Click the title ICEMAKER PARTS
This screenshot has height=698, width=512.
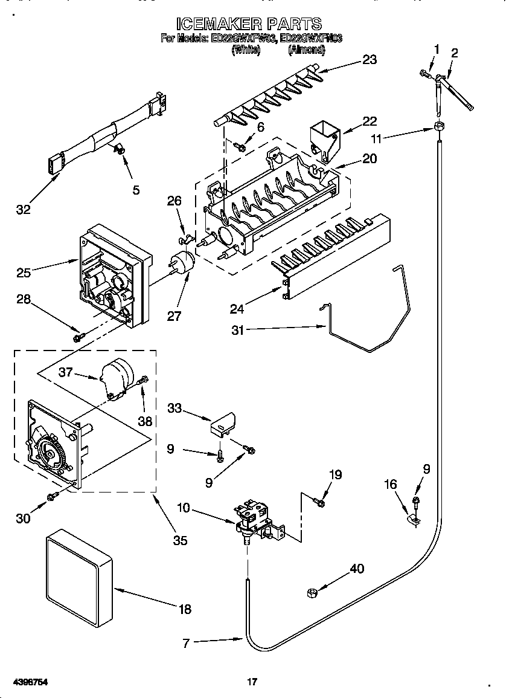pyautogui.click(x=249, y=24)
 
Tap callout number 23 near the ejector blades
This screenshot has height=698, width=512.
pyautogui.click(x=369, y=59)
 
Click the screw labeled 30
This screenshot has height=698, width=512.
pyautogui.click(x=53, y=496)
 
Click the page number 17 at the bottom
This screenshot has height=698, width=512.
pyautogui.click(x=252, y=682)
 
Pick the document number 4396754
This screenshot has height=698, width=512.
pyautogui.click(x=30, y=682)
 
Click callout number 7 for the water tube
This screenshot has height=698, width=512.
pyautogui.click(x=186, y=644)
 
